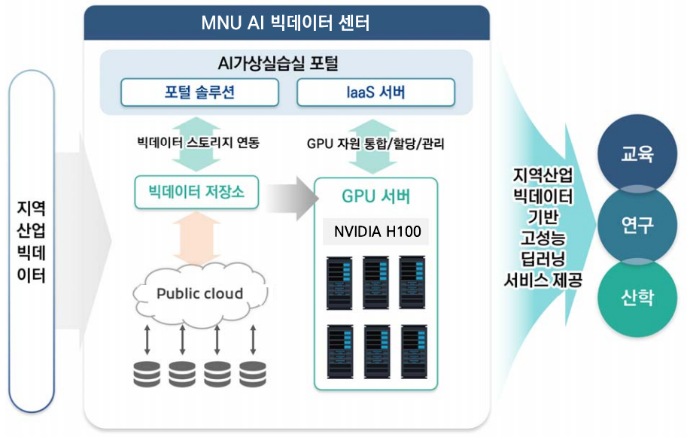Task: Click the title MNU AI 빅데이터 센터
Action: click(286, 23)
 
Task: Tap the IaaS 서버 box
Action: click(375, 93)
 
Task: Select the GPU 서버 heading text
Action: click(375, 197)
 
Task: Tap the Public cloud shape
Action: click(199, 293)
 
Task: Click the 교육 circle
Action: click(637, 154)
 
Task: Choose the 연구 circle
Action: click(637, 224)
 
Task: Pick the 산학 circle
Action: click(637, 297)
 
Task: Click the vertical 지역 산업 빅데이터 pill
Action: click(31, 241)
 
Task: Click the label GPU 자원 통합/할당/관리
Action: click(375, 143)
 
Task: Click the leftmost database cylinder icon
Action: click(147, 374)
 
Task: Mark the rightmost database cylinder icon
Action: click(252, 374)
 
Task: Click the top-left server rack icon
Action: click(339, 282)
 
